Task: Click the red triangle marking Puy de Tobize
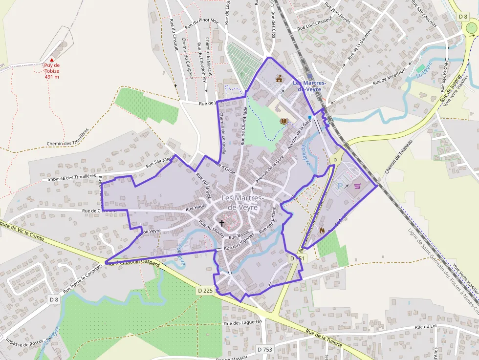click(x=52, y=60)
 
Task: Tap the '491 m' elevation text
click(x=52, y=77)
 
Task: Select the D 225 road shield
click(x=205, y=291)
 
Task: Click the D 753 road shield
click(x=264, y=349)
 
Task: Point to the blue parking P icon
click(x=341, y=186)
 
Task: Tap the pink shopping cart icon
click(x=358, y=186)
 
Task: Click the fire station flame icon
click(x=322, y=229)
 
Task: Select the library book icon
click(x=283, y=121)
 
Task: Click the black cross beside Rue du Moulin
click(x=221, y=223)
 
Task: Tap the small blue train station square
click(x=309, y=117)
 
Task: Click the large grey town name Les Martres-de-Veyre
click(x=243, y=202)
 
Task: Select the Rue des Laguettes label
click(x=243, y=322)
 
